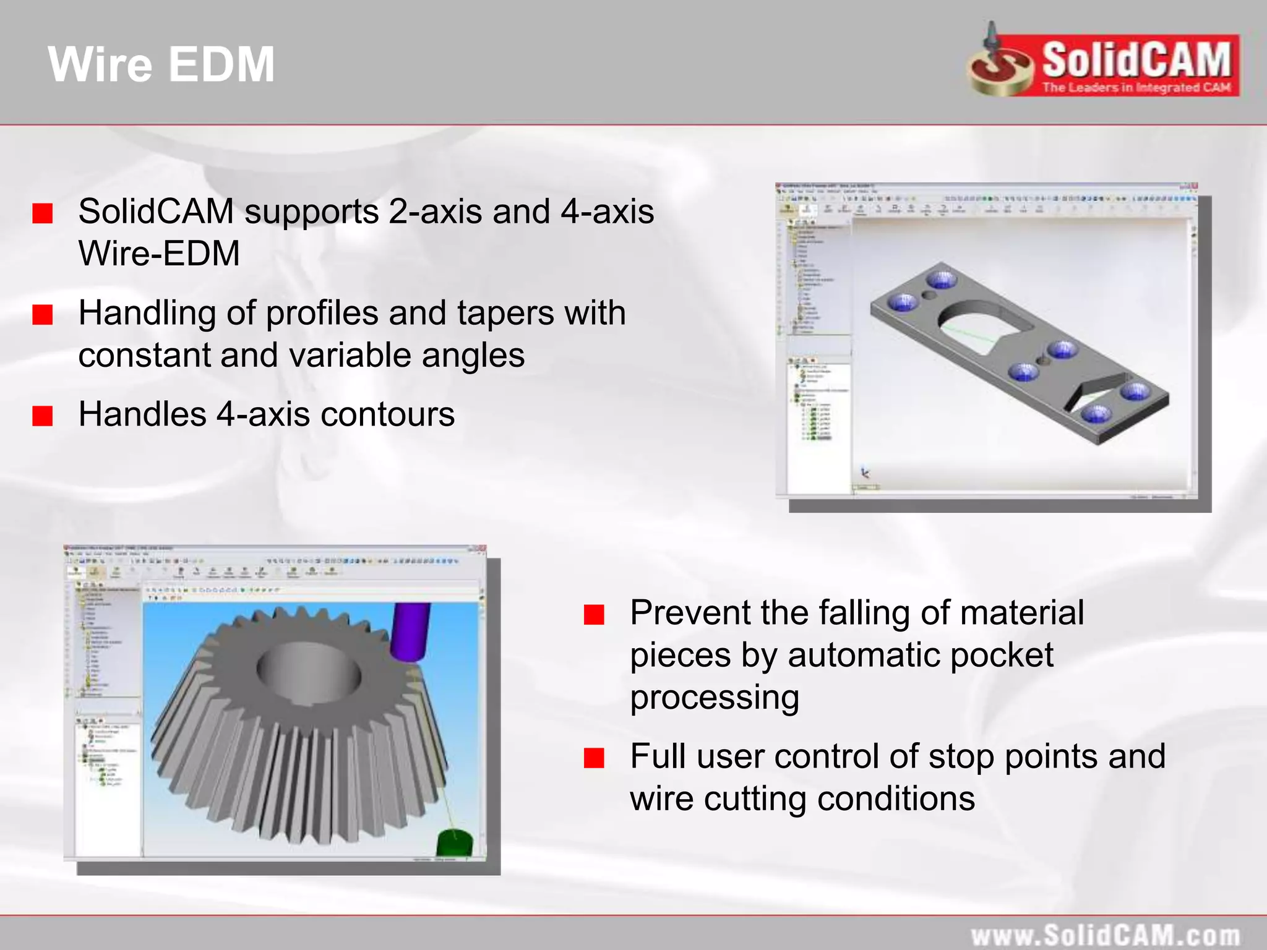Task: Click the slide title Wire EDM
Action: pyautogui.click(x=161, y=64)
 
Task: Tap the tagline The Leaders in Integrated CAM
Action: pyautogui.click(x=1136, y=87)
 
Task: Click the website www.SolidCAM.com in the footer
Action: pyautogui.click(x=1105, y=935)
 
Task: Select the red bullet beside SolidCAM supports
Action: pyautogui.click(x=43, y=213)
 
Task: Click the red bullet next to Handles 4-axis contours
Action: pyautogui.click(x=43, y=416)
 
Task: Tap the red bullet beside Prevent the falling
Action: pyautogui.click(x=594, y=614)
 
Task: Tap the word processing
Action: pyautogui.click(x=715, y=698)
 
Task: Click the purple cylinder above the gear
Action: pyautogui.click(x=409, y=630)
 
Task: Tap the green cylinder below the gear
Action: pyautogui.click(x=455, y=843)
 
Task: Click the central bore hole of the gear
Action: pyautogui.click(x=309, y=671)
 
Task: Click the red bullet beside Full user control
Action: pyautogui.click(x=594, y=758)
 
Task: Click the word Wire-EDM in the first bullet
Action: pyautogui.click(x=159, y=254)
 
